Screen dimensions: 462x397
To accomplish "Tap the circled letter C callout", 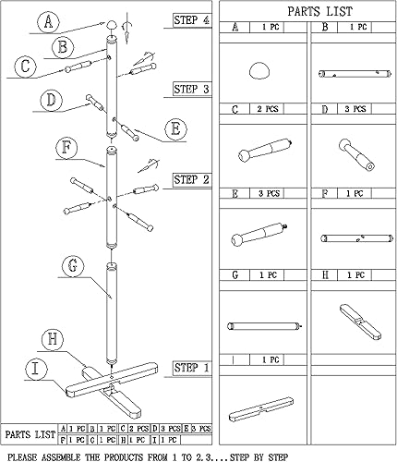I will coord(27,66).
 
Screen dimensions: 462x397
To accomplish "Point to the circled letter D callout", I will coord(52,100).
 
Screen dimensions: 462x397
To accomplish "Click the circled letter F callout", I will coord(65,146).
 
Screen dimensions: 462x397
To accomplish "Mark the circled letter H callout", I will coord(54,339).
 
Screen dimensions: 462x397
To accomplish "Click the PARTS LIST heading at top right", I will coord(307,12).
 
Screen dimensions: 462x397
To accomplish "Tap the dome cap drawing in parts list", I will coord(264,71).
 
